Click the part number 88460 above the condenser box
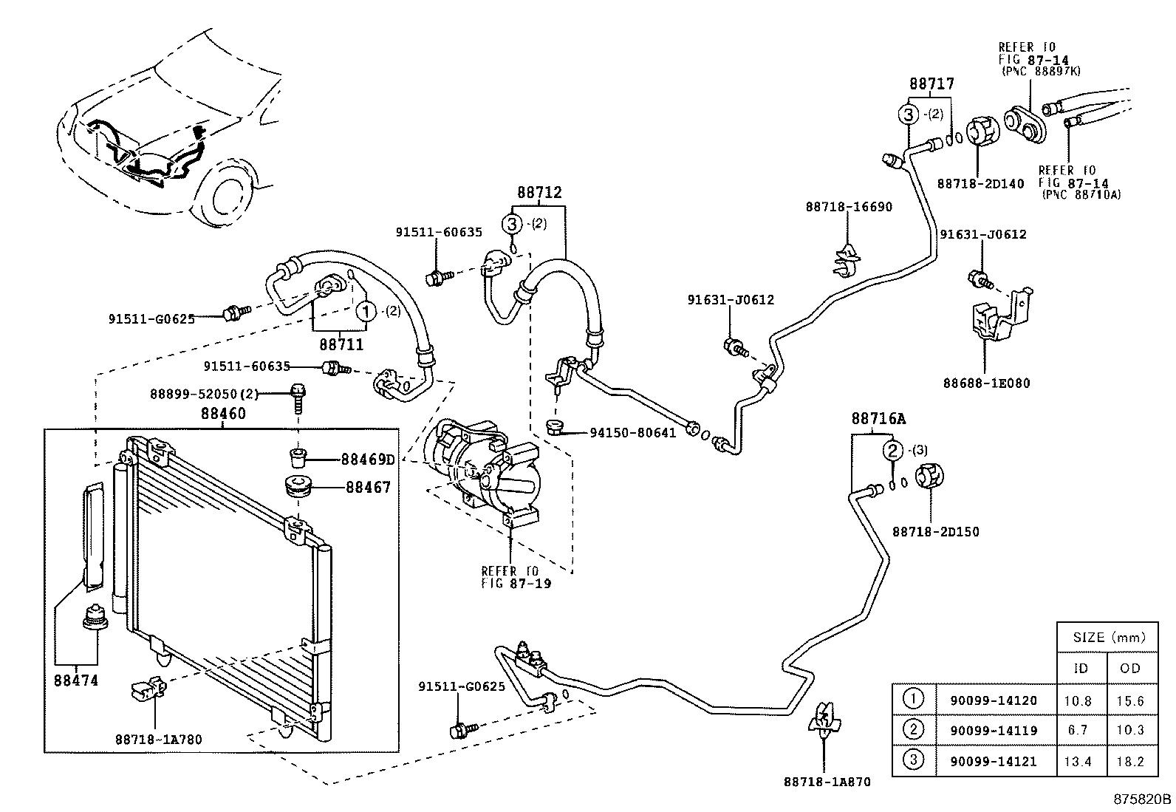click(x=223, y=414)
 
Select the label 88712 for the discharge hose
click(x=539, y=193)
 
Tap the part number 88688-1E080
click(x=986, y=383)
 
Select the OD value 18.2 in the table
click(x=1130, y=760)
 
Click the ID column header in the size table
click(x=1081, y=669)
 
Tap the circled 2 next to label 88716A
click(x=892, y=450)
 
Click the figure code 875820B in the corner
click(x=1143, y=799)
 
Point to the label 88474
click(x=76, y=680)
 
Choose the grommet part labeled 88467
click(x=299, y=488)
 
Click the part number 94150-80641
click(x=632, y=433)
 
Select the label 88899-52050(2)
click(x=231, y=395)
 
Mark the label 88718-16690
click(x=849, y=207)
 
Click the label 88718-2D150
click(x=935, y=531)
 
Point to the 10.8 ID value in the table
click(x=1081, y=700)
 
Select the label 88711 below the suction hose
click(x=341, y=344)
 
